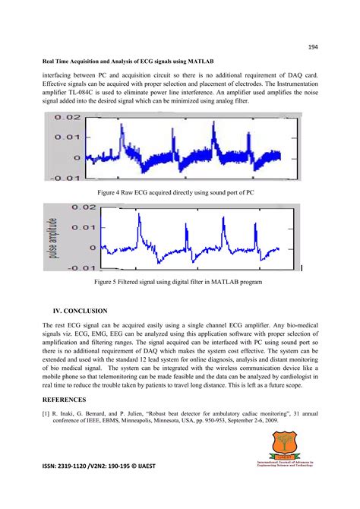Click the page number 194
pos(312,46)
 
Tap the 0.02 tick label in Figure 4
pos(63,118)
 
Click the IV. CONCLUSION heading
pos(80,311)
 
